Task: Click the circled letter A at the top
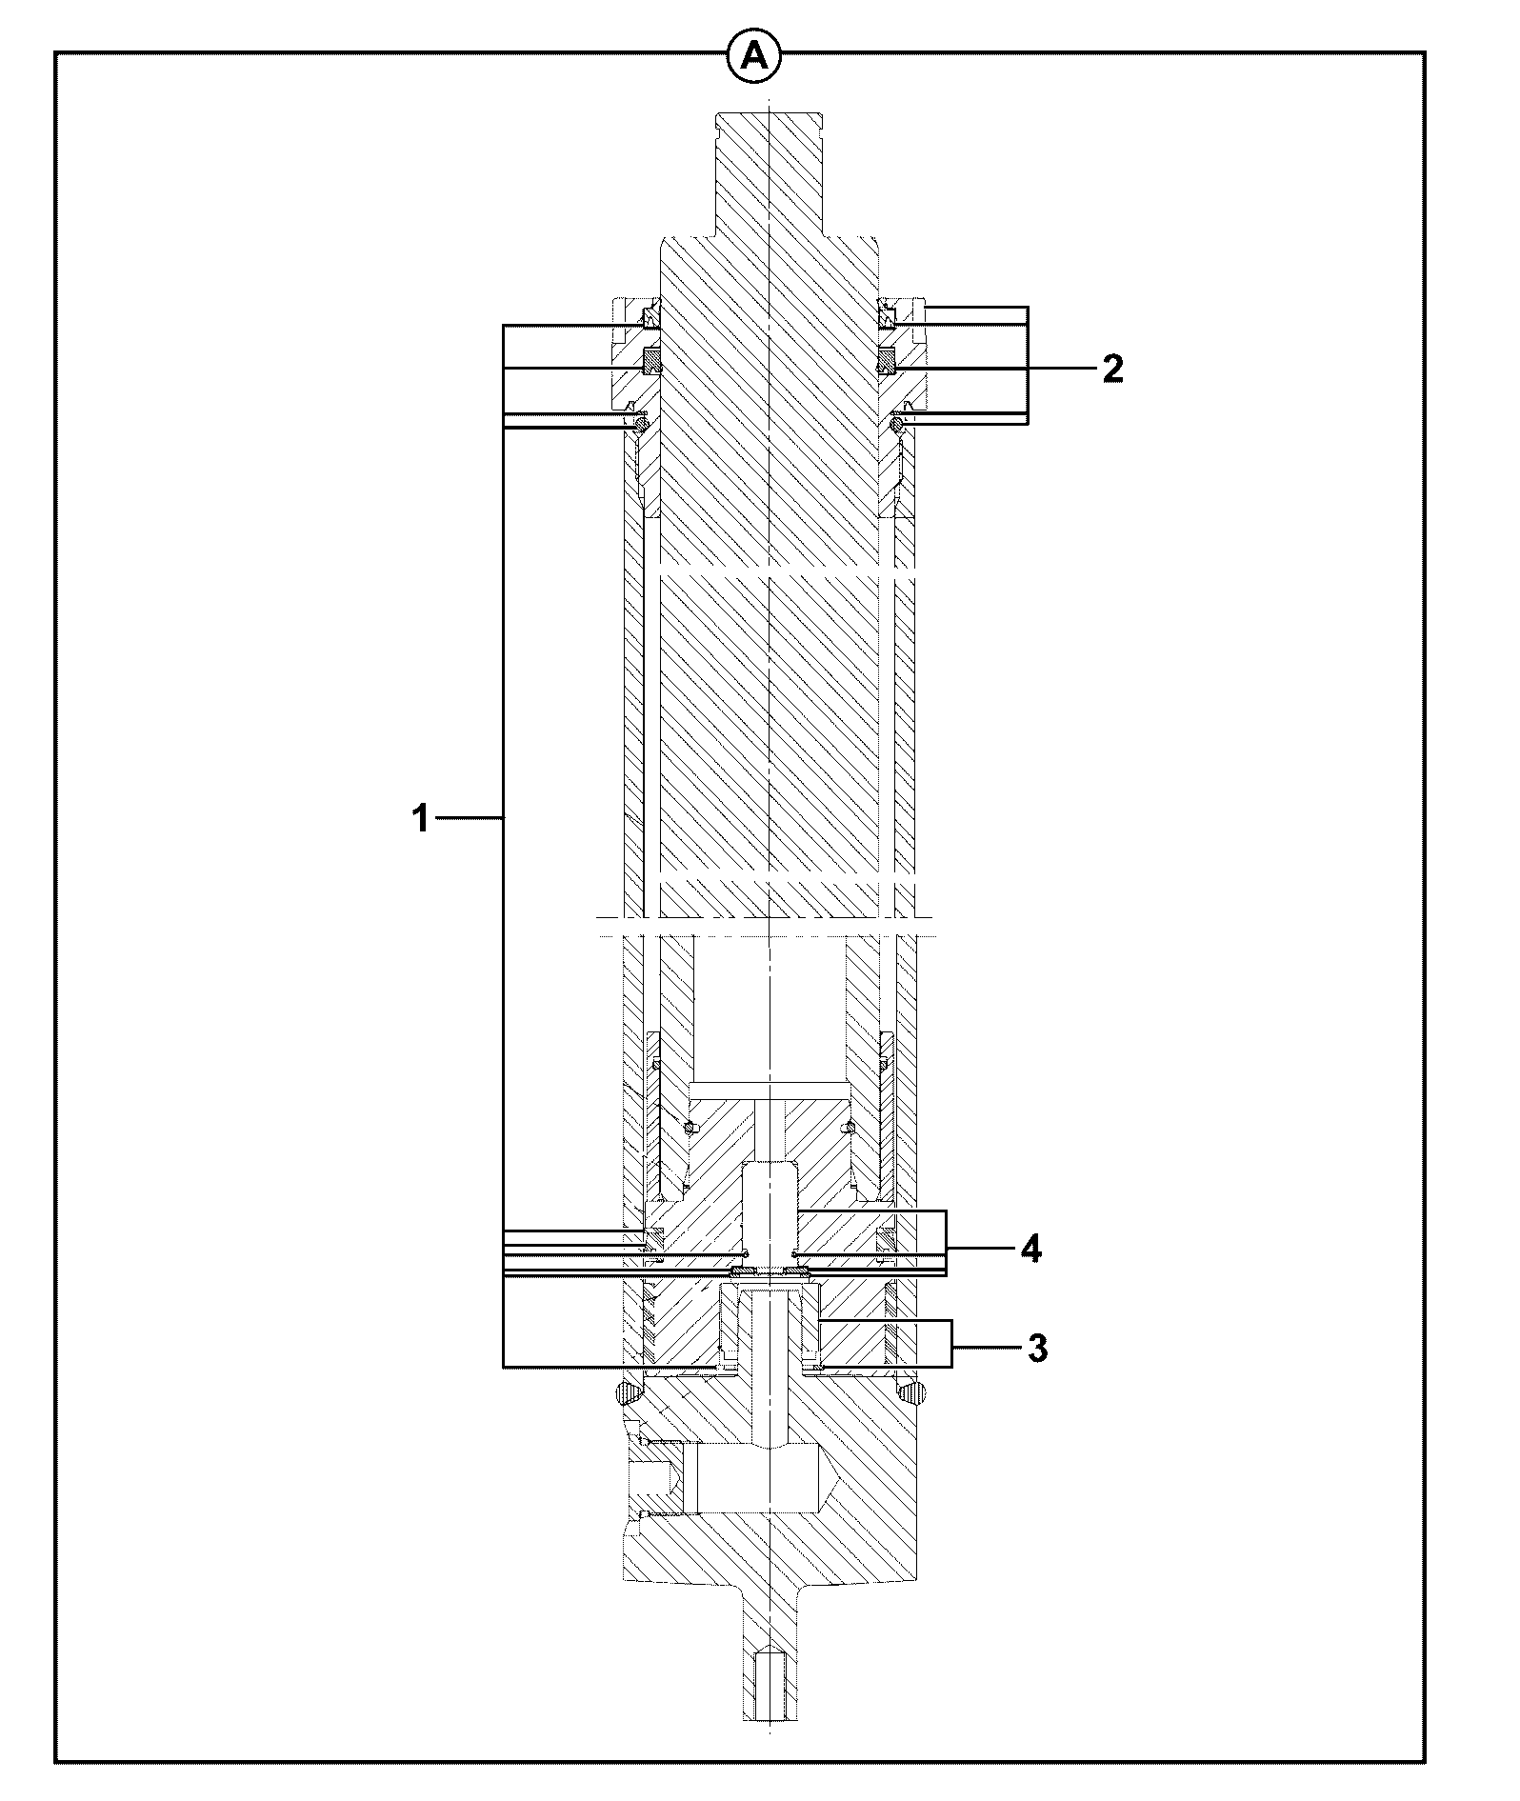tap(754, 56)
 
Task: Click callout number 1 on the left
tap(421, 818)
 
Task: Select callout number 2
tap(1112, 369)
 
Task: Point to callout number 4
tap(1030, 1248)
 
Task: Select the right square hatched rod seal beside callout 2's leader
tap(887, 362)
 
